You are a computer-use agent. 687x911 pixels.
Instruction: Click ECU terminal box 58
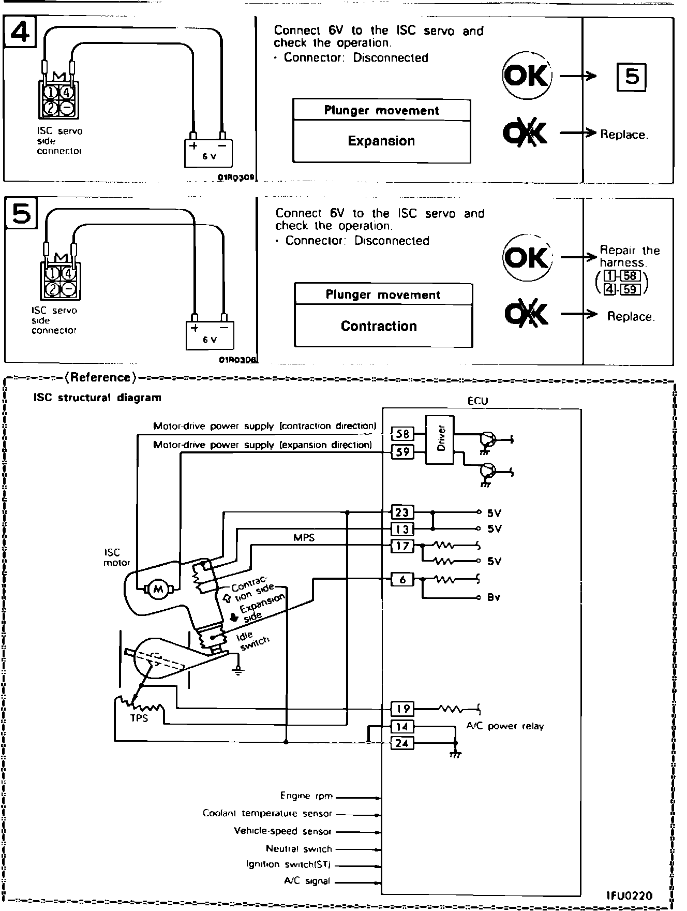point(402,434)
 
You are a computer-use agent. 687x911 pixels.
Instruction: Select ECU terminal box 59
point(402,452)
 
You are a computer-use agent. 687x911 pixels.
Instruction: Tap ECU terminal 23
point(402,512)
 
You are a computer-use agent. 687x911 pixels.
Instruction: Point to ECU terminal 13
point(402,529)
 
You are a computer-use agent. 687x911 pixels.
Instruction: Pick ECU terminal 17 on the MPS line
point(402,546)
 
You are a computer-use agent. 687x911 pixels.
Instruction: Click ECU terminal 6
point(402,579)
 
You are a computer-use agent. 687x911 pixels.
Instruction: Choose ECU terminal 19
point(402,708)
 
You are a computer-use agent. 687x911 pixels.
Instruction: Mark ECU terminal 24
point(402,743)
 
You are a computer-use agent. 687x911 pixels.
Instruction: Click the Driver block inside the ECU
point(440,439)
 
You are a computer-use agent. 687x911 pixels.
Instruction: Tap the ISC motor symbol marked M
point(158,589)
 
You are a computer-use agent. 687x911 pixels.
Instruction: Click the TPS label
point(139,718)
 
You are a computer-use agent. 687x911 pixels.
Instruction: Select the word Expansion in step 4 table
point(381,141)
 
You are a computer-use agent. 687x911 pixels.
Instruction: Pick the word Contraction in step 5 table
point(379,326)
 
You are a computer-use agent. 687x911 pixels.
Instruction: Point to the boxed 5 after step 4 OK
point(632,77)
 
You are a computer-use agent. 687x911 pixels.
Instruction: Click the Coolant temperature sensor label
point(267,813)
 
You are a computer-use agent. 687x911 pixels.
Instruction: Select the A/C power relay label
point(505,726)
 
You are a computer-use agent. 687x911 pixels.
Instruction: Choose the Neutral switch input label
point(298,848)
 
